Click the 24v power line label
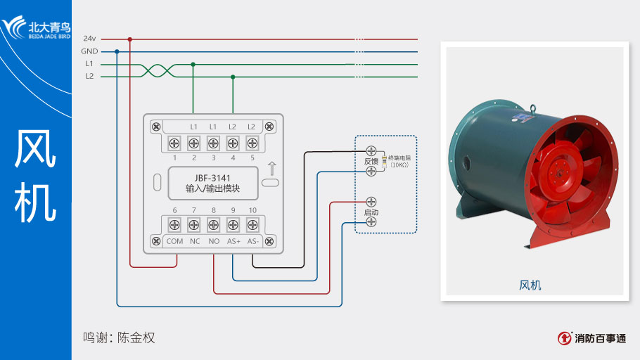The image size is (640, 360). coord(89,39)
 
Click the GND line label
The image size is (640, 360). coord(89,51)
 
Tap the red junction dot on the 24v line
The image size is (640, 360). coord(130,39)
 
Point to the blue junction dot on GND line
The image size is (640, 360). coord(117,51)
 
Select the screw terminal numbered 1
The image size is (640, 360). coord(174,143)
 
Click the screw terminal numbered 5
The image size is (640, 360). coord(252,143)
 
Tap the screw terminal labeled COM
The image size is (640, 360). coord(174,226)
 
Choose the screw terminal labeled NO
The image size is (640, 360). coord(213,226)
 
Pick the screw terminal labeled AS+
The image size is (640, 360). coord(233,226)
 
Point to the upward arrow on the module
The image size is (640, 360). coord(271,169)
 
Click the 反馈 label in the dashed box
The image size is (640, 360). coord(371,162)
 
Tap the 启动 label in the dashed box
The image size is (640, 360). coord(371,212)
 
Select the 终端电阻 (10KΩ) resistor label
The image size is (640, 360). coord(399,161)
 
